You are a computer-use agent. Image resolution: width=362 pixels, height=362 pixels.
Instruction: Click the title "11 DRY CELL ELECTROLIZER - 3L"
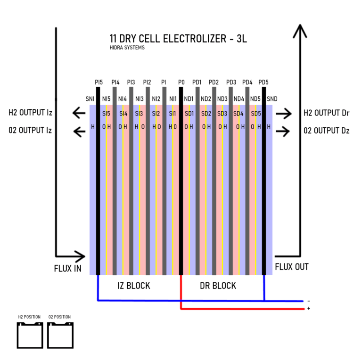tap(178, 39)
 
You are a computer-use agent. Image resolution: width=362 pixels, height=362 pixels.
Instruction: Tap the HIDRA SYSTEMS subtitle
tap(127, 48)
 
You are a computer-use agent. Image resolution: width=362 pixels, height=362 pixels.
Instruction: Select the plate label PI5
tap(99, 82)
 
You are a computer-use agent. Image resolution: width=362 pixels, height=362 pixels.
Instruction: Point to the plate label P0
tap(181, 82)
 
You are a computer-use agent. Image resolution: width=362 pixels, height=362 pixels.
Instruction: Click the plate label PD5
tap(263, 82)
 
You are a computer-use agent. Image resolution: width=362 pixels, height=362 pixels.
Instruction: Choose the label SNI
tap(90, 99)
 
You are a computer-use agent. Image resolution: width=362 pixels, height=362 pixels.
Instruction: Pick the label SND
tap(272, 99)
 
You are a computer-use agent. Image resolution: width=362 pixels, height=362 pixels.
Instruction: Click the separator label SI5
tap(106, 114)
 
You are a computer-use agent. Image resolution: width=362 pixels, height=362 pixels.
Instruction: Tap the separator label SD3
tap(222, 114)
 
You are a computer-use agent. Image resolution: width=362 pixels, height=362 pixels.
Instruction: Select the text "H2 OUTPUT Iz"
tap(31, 113)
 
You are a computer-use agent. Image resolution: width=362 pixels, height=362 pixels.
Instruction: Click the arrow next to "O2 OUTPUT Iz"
tap(79, 132)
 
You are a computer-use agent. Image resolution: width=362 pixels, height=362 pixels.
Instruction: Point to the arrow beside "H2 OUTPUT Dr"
tap(283, 113)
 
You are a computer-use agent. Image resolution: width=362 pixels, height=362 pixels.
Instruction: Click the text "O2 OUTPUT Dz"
tap(327, 131)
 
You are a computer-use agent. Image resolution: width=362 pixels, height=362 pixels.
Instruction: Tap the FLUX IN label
tap(68, 269)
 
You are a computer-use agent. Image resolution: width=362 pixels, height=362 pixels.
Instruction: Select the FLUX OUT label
tap(292, 267)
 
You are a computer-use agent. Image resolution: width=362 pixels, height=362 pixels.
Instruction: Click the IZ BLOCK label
tap(134, 286)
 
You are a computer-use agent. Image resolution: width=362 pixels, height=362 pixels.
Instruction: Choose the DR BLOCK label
tap(218, 286)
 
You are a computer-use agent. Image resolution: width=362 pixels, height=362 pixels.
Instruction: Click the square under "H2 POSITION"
tap(17, 335)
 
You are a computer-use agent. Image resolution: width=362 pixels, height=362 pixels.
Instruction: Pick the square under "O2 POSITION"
tap(48, 335)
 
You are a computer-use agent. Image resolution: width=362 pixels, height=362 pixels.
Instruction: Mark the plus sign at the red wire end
tap(309, 308)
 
